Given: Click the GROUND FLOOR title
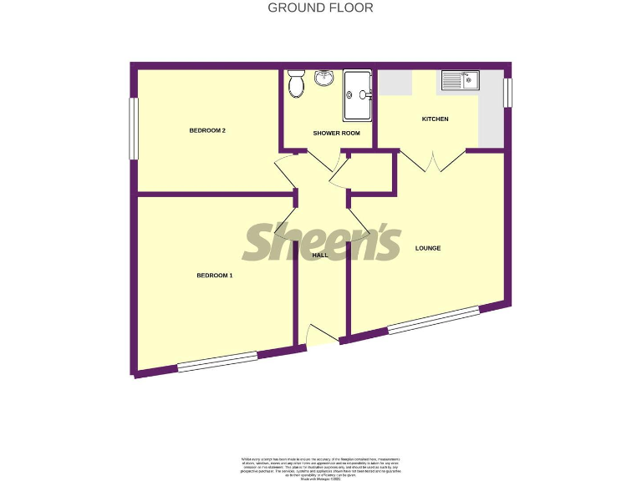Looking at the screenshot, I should [x=320, y=8].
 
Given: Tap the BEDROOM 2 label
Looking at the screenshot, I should [x=207, y=130].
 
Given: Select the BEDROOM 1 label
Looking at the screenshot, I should [x=215, y=275].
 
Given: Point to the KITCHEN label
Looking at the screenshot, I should [x=435, y=119].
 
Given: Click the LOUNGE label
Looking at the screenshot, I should [x=427, y=248].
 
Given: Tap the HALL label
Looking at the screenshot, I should [x=320, y=256].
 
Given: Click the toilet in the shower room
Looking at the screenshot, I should [x=295, y=84].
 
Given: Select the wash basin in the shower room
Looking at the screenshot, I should [x=324, y=78].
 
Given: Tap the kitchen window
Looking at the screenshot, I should [x=507, y=93].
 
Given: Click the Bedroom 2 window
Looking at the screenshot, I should [x=132, y=129].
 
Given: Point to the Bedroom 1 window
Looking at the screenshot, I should [x=217, y=361].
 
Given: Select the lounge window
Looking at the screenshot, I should [x=433, y=321].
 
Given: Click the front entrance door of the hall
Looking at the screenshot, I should [x=323, y=336].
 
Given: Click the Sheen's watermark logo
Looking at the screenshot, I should [x=322, y=241].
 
